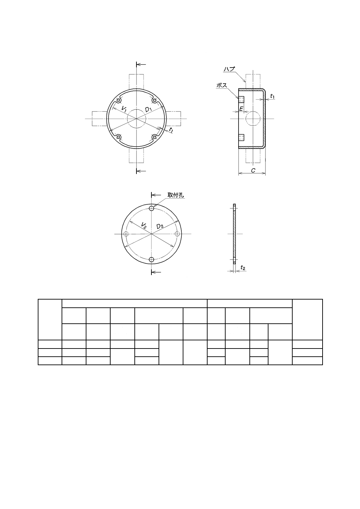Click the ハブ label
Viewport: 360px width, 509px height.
[x=229, y=69]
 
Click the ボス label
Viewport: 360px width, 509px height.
[x=222, y=85]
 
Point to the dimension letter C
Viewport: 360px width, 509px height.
[x=253, y=170]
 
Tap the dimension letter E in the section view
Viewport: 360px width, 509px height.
[x=241, y=109]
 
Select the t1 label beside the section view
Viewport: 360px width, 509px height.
[x=272, y=97]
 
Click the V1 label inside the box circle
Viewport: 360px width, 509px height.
[x=124, y=109]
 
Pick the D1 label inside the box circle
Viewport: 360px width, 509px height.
[x=148, y=109]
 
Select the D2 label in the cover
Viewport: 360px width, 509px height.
[x=160, y=226]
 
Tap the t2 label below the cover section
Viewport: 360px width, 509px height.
[x=243, y=268]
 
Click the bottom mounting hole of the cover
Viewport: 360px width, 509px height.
[x=152, y=259]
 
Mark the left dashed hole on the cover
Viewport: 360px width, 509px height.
[x=126, y=234]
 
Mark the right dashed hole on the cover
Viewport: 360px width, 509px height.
[x=177, y=234]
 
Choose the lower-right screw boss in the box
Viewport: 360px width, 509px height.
[x=154, y=137]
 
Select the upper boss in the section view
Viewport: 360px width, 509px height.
[x=241, y=99]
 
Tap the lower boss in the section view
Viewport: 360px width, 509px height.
[x=241, y=137]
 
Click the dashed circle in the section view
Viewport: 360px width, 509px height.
[x=252, y=119]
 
